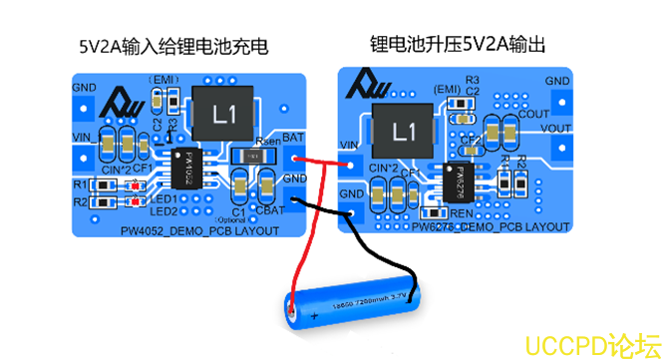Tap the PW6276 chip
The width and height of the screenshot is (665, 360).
pyautogui.click(x=459, y=180)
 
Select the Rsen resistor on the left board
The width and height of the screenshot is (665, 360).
pyautogui.click(x=253, y=157)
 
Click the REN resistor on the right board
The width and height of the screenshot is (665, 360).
pyautogui.click(x=461, y=213)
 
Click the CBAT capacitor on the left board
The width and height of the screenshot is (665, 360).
pyautogui.click(x=266, y=186)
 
